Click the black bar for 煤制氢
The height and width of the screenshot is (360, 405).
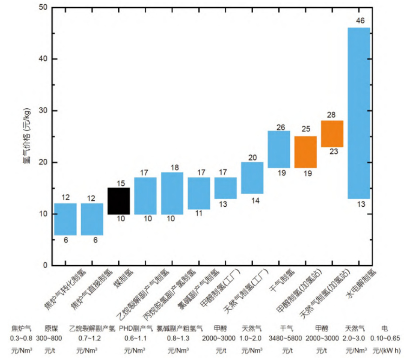tap(119, 201)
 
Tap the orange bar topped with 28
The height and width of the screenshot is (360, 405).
tap(332, 134)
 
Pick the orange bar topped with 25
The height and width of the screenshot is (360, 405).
tap(305, 152)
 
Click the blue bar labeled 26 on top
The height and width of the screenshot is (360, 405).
tap(279, 149)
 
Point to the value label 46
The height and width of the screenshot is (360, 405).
tap(360, 20)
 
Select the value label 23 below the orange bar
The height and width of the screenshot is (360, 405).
tap(333, 151)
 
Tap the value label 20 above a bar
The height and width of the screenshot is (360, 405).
tap(252, 157)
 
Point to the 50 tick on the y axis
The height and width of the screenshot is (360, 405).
tap(41, 7)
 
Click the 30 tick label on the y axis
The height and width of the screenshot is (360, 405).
tap(41, 111)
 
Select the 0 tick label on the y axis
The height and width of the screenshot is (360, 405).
tap(44, 265)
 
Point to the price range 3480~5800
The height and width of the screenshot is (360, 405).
tap(285, 338)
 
